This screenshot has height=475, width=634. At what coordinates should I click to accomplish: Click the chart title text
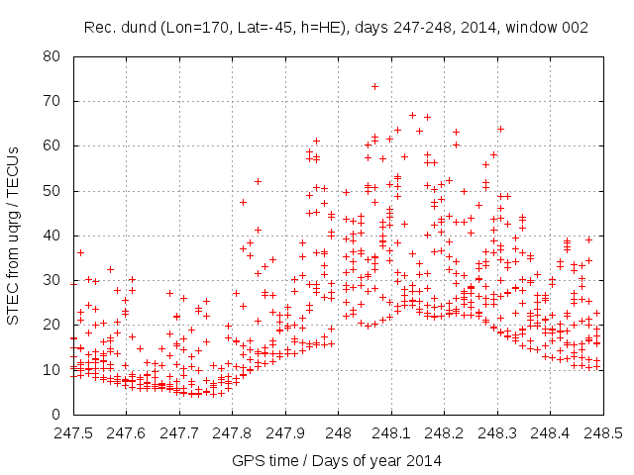336,28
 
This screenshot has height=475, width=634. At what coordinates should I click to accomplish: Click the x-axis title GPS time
337,460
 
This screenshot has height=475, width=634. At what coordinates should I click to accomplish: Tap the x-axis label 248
338,433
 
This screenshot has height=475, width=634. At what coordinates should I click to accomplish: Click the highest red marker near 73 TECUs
374,86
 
